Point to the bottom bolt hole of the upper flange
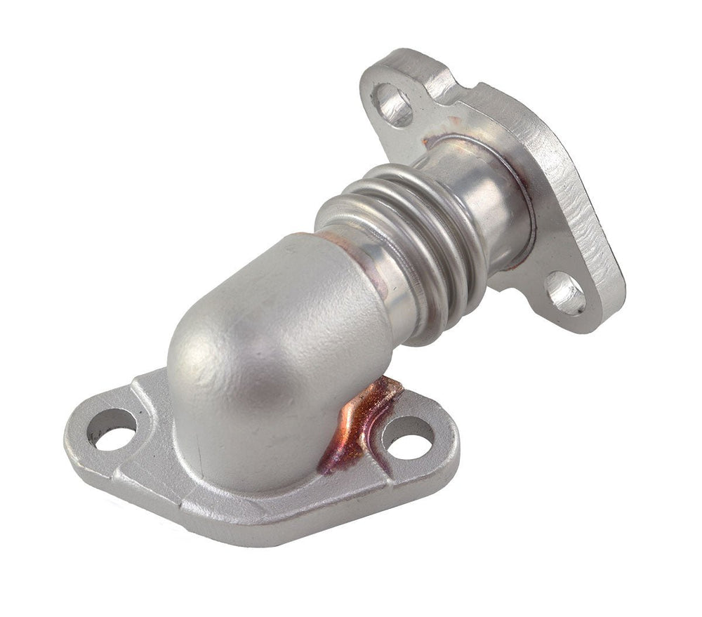tap(566, 291)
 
